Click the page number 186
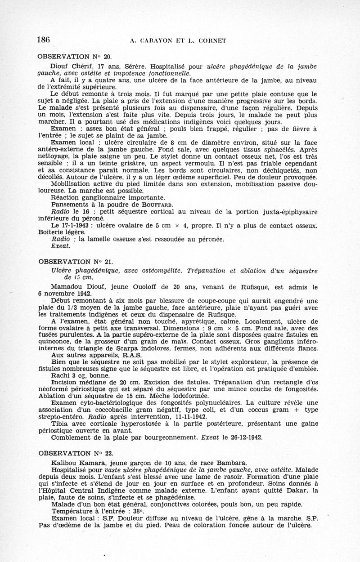(44, 40)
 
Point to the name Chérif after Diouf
(85, 67)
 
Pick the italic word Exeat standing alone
(61, 246)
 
